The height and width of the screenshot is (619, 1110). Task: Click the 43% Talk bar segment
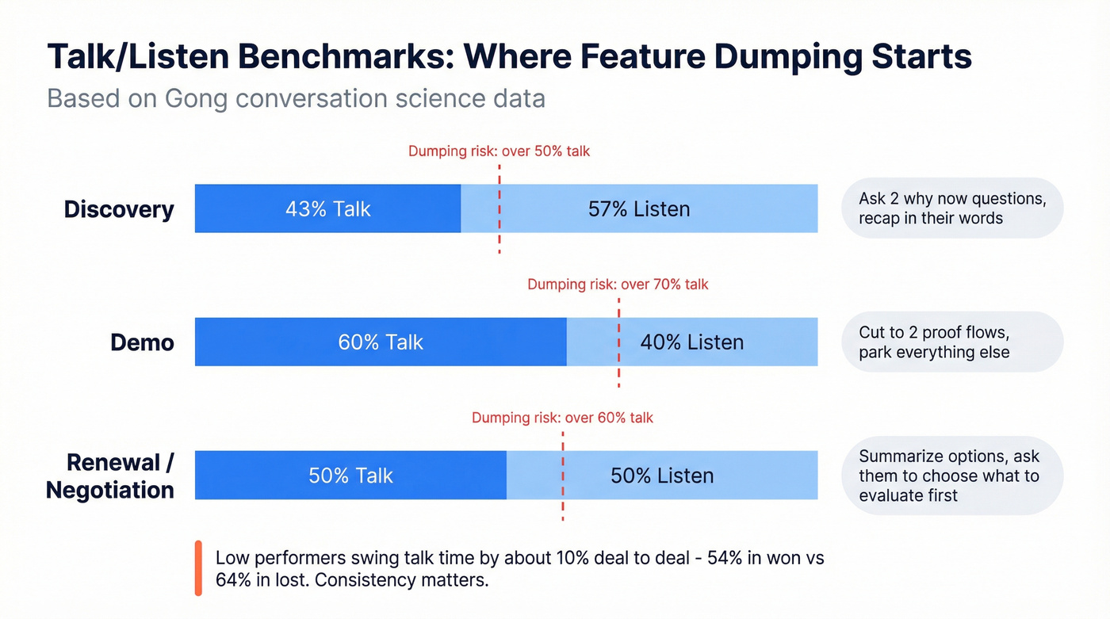pos(327,208)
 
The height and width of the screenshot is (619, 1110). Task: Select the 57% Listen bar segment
pos(639,208)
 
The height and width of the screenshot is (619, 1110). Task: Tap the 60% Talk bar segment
pos(381,342)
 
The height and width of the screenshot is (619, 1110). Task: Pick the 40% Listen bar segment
pos(692,342)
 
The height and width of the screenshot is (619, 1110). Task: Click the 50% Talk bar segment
pos(350,476)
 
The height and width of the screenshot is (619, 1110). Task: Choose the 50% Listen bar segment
pos(662,476)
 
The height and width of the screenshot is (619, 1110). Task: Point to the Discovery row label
pos(119,209)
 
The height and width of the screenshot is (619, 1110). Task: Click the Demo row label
pos(142,342)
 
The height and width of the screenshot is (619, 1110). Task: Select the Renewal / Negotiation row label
pos(111,476)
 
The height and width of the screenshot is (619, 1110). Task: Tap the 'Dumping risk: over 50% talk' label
pos(499,151)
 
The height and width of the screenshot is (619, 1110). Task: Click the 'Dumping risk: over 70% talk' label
pos(618,284)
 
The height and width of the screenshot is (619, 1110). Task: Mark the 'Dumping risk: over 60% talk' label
pos(562,418)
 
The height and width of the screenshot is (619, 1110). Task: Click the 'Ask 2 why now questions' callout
pos(951,208)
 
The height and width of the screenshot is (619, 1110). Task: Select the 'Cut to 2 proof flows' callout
pos(951,342)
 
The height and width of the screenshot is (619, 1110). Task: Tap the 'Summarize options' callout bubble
pos(951,476)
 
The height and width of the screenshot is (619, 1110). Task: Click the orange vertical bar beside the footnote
pos(198,568)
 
